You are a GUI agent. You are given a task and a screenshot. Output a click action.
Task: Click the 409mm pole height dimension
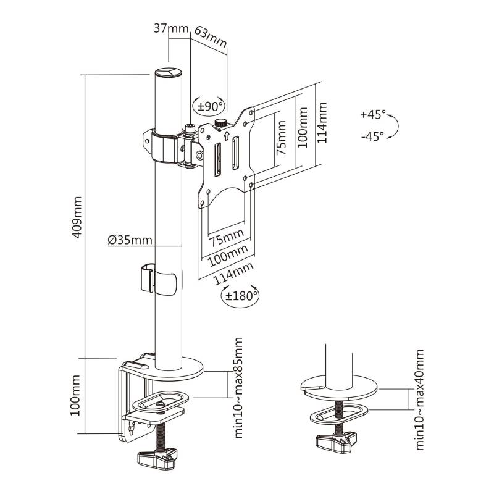(x=77, y=217)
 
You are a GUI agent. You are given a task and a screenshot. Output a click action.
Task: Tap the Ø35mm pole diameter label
(x=130, y=240)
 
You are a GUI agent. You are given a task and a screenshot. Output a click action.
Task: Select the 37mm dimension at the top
(x=171, y=28)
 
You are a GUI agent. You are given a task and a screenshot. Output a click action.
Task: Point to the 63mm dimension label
(x=211, y=36)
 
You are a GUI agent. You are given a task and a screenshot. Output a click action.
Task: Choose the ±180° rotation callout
(x=240, y=296)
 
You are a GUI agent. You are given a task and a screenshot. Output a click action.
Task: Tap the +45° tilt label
(x=373, y=114)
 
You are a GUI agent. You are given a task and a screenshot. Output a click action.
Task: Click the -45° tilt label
(x=373, y=136)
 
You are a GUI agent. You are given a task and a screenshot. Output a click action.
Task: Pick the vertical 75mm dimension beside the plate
(x=281, y=137)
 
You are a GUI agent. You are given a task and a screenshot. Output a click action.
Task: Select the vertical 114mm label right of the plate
(x=322, y=122)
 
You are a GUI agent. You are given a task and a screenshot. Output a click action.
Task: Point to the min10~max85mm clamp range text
(x=238, y=388)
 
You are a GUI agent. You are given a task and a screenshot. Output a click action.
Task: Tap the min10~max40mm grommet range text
(x=419, y=400)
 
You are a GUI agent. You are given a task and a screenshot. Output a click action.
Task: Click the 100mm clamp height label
(x=75, y=395)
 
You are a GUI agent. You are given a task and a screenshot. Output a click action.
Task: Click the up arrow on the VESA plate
(x=226, y=135)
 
